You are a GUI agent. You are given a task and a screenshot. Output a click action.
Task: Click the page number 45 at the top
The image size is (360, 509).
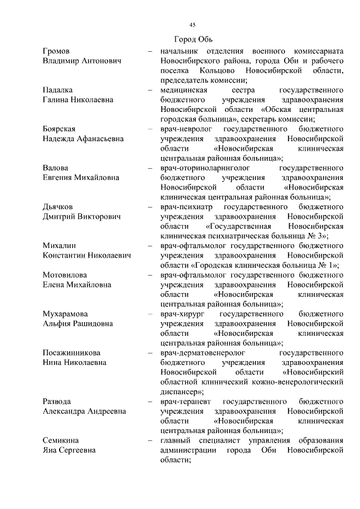(192, 25)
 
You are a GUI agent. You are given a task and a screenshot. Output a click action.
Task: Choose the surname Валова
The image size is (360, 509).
(56, 168)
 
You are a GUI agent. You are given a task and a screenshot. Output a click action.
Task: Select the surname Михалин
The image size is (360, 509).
(60, 246)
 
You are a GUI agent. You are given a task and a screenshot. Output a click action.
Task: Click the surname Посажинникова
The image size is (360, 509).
(71, 353)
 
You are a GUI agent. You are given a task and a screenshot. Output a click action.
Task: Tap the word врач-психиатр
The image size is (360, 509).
(185, 206)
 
